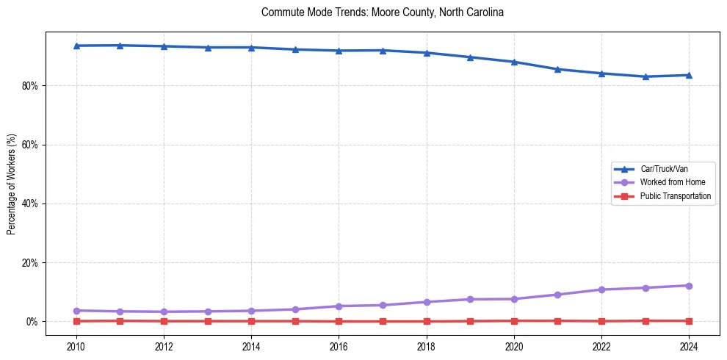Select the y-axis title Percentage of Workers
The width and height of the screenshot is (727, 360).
(x=11, y=184)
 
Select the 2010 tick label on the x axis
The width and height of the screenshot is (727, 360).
(x=76, y=345)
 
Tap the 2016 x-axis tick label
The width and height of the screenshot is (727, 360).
(x=339, y=345)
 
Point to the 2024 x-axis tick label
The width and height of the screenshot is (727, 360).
(x=689, y=345)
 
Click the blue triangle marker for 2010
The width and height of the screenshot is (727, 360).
(x=76, y=46)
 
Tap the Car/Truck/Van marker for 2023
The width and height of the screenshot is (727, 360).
(x=645, y=76)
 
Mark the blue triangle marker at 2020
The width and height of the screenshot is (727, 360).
(x=514, y=62)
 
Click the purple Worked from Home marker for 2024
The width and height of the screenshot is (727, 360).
(x=689, y=286)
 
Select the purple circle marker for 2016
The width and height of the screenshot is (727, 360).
(x=339, y=306)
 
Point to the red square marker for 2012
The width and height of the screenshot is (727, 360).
(x=164, y=321)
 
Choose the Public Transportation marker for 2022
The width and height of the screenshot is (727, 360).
(x=601, y=321)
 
